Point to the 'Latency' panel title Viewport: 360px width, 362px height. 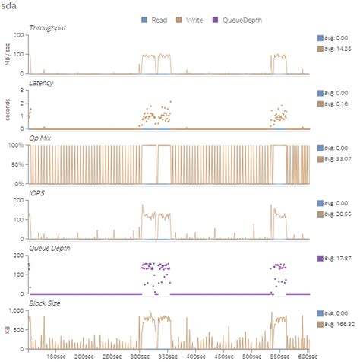click(x=41, y=83)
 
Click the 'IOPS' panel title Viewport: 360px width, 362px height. click(x=36, y=195)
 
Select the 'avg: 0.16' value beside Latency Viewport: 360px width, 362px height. click(x=335, y=103)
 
